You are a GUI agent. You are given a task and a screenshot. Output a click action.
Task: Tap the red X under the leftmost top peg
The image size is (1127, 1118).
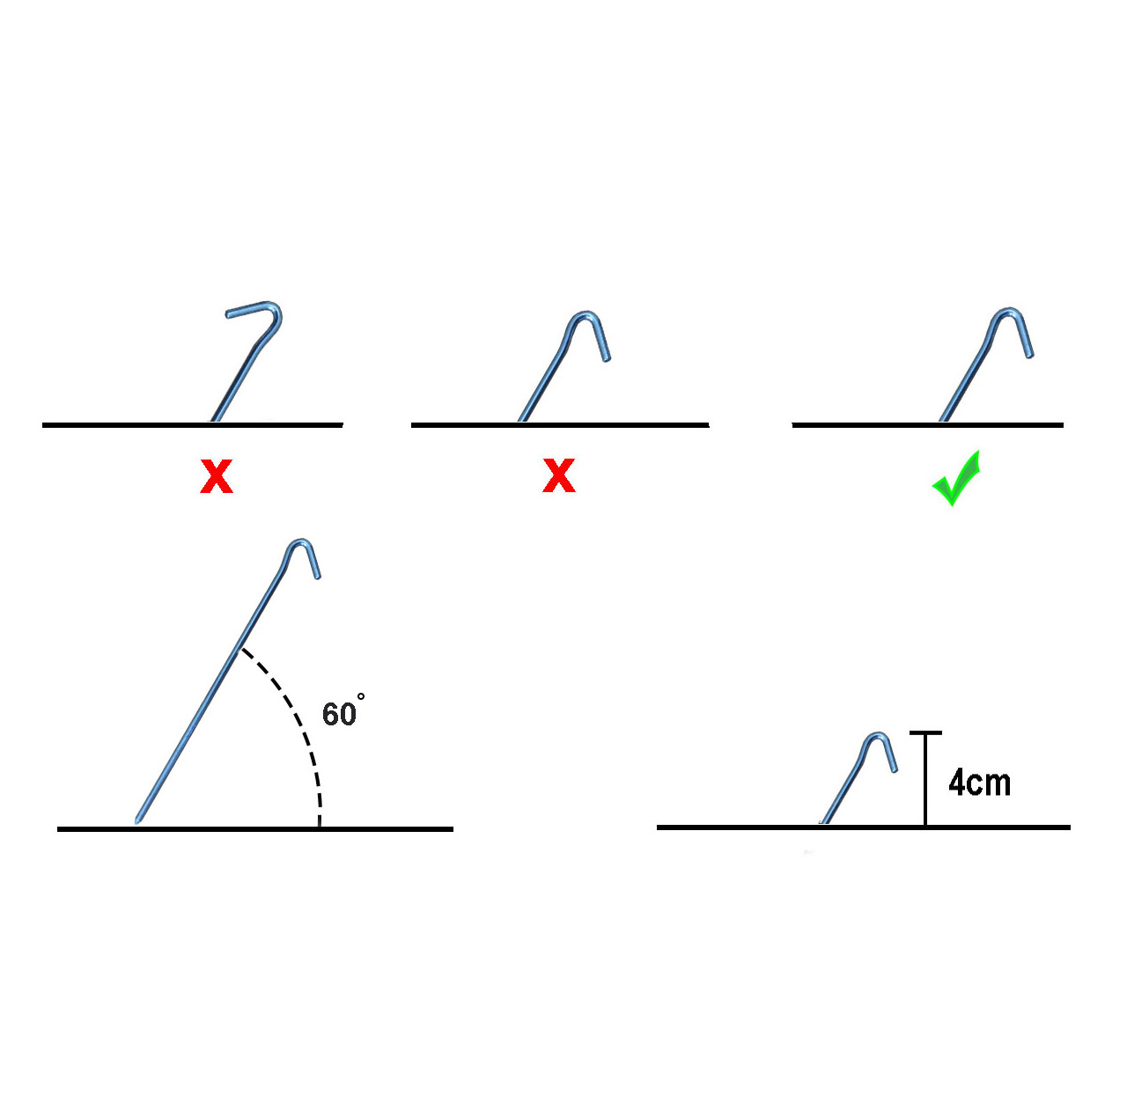tap(217, 475)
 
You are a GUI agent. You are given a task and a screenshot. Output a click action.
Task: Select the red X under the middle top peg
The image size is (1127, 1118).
tap(558, 475)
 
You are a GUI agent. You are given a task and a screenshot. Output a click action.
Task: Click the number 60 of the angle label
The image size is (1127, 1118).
tap(339, 714)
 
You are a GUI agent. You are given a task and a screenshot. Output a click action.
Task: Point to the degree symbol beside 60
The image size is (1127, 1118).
tap(361, 696)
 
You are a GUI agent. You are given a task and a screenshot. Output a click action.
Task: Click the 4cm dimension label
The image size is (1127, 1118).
tap(979, 783)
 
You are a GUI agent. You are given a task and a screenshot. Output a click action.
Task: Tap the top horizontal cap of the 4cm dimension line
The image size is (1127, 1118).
tap(925, 732)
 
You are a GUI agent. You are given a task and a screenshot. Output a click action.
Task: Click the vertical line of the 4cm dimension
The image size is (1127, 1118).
tap(925, 779)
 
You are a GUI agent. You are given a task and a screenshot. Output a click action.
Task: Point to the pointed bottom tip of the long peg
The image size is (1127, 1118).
tap(136, 822)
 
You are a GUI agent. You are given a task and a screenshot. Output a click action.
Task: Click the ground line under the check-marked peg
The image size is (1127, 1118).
tap(927, 424)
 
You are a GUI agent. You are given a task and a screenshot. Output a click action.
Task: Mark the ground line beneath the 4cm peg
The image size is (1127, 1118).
tap(863, 827)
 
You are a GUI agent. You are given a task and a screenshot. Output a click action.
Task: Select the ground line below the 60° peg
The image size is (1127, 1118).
tap(255, 829)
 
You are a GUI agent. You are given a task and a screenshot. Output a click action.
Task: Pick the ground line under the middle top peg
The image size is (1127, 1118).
tap(560, 424)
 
